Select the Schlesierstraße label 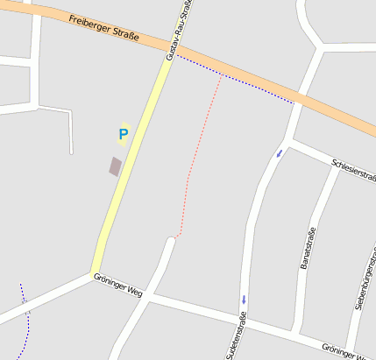click(353, 170)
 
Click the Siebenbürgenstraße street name click(365, 280)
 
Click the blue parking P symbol click(123, 134)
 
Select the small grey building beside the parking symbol click(115, 166)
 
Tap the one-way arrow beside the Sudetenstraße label click(243, 300)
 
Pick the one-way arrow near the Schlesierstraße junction click(280, 153)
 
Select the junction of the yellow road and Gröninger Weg click(94, 272)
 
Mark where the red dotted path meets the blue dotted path click(220, 75)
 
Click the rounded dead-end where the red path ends click(172, 239)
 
